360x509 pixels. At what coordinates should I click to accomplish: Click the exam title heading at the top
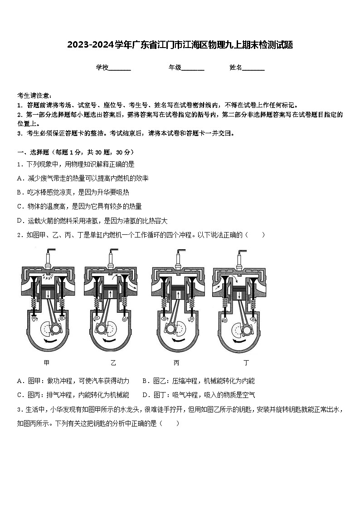(x=180, y=45)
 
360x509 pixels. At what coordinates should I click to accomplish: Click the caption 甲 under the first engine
(x=47, y=363)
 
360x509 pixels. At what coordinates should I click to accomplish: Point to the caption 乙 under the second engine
(x=113, y=363)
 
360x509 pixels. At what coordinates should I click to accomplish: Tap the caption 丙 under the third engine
(x=176, y=363)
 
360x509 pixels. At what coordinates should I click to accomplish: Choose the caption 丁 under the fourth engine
(x=246, y=363)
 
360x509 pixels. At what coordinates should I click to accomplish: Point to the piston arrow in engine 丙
(x=178, y=295)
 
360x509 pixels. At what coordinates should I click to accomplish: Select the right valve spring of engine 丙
(x=192, y=304)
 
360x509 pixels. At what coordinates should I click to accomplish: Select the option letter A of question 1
(x=19, y=178)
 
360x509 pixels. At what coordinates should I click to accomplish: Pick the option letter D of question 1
(x=19, y=221)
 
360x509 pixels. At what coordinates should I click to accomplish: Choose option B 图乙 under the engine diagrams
(x=198, y=381)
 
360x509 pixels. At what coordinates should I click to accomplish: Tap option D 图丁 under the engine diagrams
(x=199, y=395)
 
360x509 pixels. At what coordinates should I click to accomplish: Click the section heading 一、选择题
(x=33, y=152)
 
